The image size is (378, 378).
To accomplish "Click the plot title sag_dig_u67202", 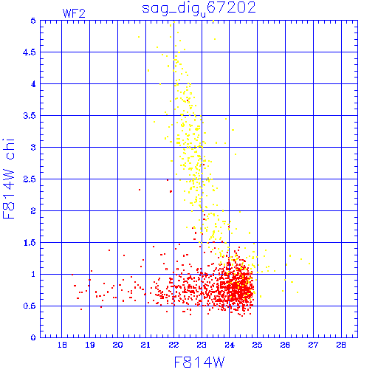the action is point(199,9).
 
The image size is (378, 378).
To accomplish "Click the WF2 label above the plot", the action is point(74,13).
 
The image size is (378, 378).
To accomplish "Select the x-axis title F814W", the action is point(199,362).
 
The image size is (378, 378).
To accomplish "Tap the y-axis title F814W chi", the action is point(9,179).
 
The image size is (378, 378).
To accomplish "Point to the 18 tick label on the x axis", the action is point(62,345).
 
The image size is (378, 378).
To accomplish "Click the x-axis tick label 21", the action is point(145,345).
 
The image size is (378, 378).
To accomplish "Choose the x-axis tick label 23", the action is point(202,345).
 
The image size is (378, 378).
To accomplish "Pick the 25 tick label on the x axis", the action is point(257,345).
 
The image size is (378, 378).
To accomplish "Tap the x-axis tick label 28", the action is point(341,345).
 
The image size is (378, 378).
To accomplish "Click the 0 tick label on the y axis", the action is point(33,337).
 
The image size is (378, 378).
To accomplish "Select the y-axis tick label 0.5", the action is point(30,306).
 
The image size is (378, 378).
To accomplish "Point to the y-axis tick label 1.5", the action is point(30,243).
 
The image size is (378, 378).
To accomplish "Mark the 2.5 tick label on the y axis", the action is point(30,179).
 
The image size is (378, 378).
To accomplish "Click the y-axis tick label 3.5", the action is point(30,116).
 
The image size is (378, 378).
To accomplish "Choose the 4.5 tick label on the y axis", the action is point(30,52).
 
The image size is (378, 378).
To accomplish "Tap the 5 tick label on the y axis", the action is point(33,21).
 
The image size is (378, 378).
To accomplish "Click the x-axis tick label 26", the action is point(285,345).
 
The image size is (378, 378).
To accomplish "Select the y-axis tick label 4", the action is point(33,84).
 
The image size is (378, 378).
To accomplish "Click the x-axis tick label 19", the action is point(90,345).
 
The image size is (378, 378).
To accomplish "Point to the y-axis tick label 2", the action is point(33,211).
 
